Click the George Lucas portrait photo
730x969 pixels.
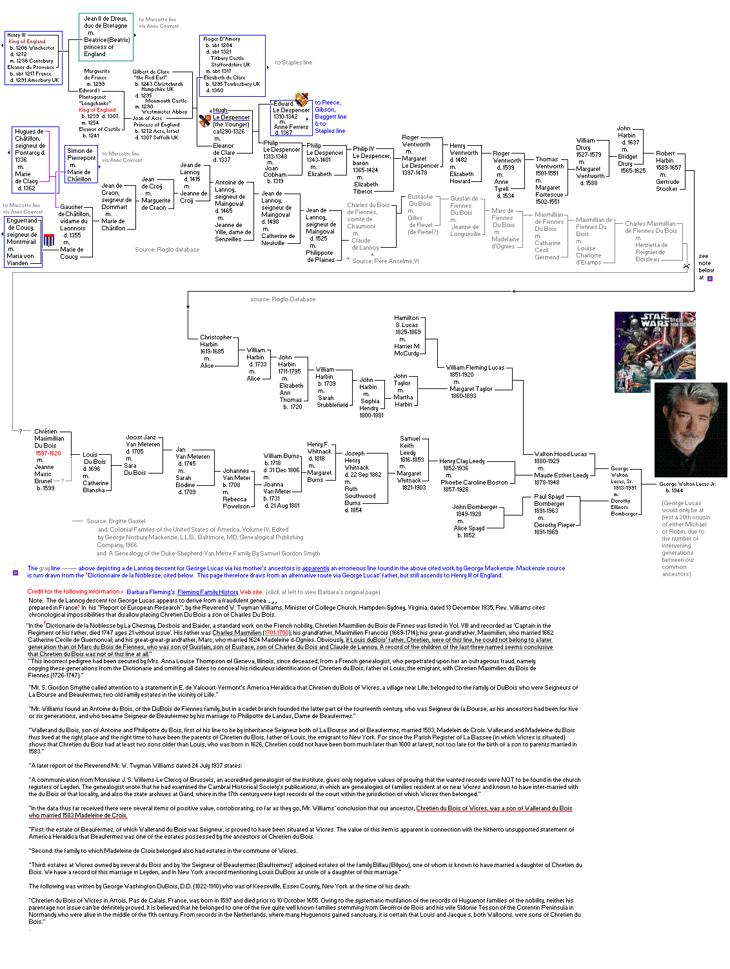pos(690,429)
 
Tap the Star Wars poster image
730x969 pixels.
pos(655,352)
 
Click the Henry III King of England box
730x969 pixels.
pos(34,58)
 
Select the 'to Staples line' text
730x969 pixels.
pos(293,63)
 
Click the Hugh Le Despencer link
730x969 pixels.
pos(231,114)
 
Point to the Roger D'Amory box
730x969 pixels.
pos(233,65)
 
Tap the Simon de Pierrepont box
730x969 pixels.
pos(81,165)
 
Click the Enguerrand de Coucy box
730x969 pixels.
pos(23,241)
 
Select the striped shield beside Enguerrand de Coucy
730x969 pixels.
pos(49,241)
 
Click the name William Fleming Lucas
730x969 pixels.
pos(475,367)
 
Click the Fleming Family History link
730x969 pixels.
pos(208,592)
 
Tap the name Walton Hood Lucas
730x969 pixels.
pos(560,454)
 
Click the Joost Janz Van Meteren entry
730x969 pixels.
pos(143,444)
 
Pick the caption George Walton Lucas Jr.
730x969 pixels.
pos(687,483)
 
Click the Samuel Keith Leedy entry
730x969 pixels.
pos(411,448)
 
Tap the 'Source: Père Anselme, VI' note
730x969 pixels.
pos(385,261)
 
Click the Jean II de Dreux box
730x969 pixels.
pos(106,36)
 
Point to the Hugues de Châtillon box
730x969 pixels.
pos(31,159)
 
